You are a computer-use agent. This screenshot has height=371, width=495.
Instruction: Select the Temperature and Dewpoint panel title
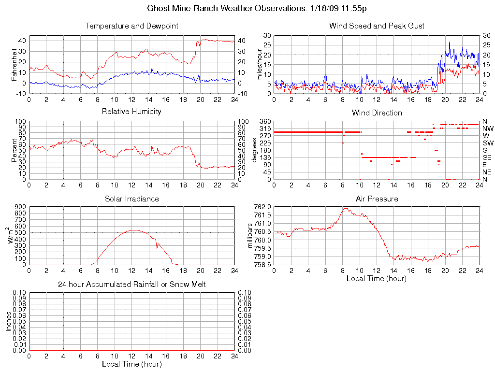pyautogui.click(x=131, y=26)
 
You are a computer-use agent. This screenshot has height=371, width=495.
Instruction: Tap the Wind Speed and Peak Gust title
pyautogui.click(x=377, y=26)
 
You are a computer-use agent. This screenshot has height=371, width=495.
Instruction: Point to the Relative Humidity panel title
pyautogui.click(x=131, y=112)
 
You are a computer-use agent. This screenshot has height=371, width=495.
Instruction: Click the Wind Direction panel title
pyautogui.click(x=377, y=113)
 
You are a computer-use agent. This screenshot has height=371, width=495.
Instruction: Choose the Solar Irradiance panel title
pyautogui.click(x=131, y=199)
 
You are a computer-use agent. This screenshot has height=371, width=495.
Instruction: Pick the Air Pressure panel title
pyautogui.click(x=377, y=199)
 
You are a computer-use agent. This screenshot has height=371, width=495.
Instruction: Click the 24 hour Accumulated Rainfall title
pyautogui.click(x=131, y=285)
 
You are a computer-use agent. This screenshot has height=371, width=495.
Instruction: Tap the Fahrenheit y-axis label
pyautogui.click(x=15, y=64)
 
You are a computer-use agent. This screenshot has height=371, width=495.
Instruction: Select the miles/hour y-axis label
pyautogui.click(x=260, y=64)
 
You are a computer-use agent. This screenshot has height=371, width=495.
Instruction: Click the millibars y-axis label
pyautogui.click(x=250, y=236)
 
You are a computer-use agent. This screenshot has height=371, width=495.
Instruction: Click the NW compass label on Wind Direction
pyautogui.click(x=487, y=128)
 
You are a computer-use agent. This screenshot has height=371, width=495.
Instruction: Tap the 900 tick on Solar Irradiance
pyautogui.click(x=19, y=207)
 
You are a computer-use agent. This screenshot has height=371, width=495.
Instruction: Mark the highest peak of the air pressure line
pyautogui.click(x=346, y=208)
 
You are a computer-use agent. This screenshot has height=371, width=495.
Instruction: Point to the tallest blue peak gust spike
pyautogui.click(x=450, y=42)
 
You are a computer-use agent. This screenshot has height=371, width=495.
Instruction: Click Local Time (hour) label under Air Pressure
pyautogui.click(x=377, y=278)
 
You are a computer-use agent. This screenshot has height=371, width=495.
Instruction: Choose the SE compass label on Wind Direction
pyautogui.click(x=487, y=157)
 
